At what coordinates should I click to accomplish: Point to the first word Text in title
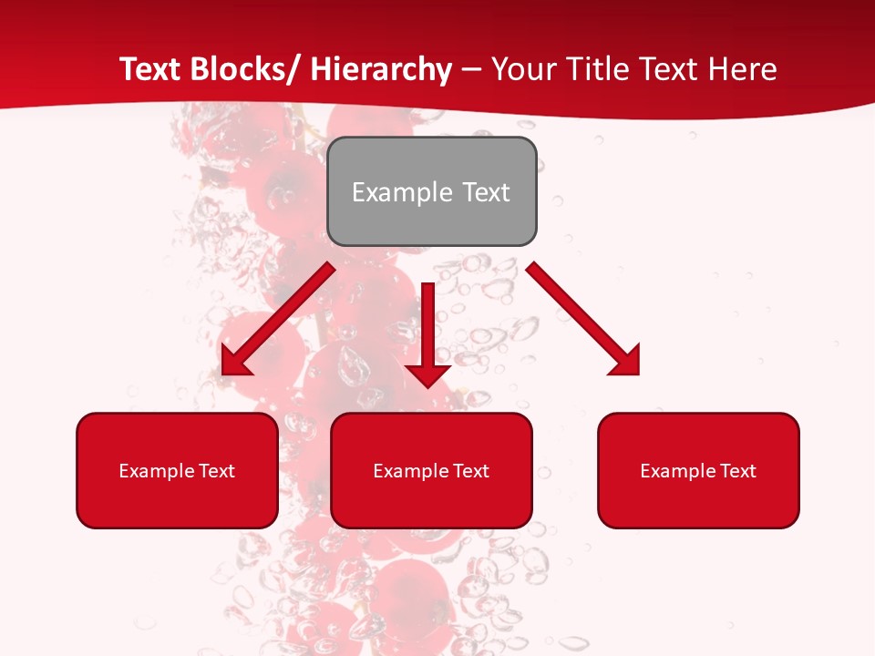tap(150, 69)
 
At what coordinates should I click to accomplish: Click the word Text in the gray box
tap(486, 192)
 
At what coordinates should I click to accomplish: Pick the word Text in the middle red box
tap(472, 471)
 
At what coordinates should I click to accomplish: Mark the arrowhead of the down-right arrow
tap(627, 361)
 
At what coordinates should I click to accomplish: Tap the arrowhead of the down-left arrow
tap(234, 361)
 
